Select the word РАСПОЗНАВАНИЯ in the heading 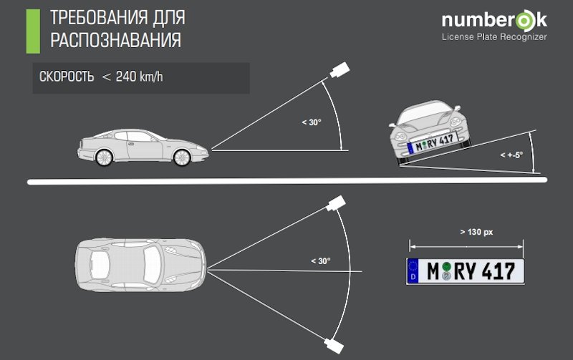pos(115,41)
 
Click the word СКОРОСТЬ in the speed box pos(67,78)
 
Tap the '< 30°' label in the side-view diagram pos(312,122)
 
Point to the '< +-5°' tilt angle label pos(511,155)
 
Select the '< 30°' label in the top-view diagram pos(320,261)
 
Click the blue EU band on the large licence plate pos(413,270)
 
